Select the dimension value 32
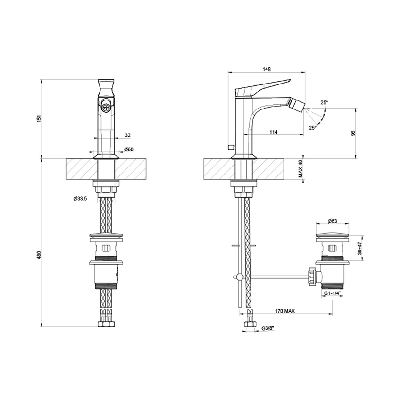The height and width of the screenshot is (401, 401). click(x=127, y=135)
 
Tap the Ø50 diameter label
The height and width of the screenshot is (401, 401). click(x=128, y=150)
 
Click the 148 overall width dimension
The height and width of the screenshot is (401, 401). click(x=266, y=69)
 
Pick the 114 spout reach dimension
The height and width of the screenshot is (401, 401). click(x=273, y=132)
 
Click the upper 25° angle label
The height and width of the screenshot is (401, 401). click(x=324, y=102)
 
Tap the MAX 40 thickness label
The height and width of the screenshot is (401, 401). click(x=301, y=169)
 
